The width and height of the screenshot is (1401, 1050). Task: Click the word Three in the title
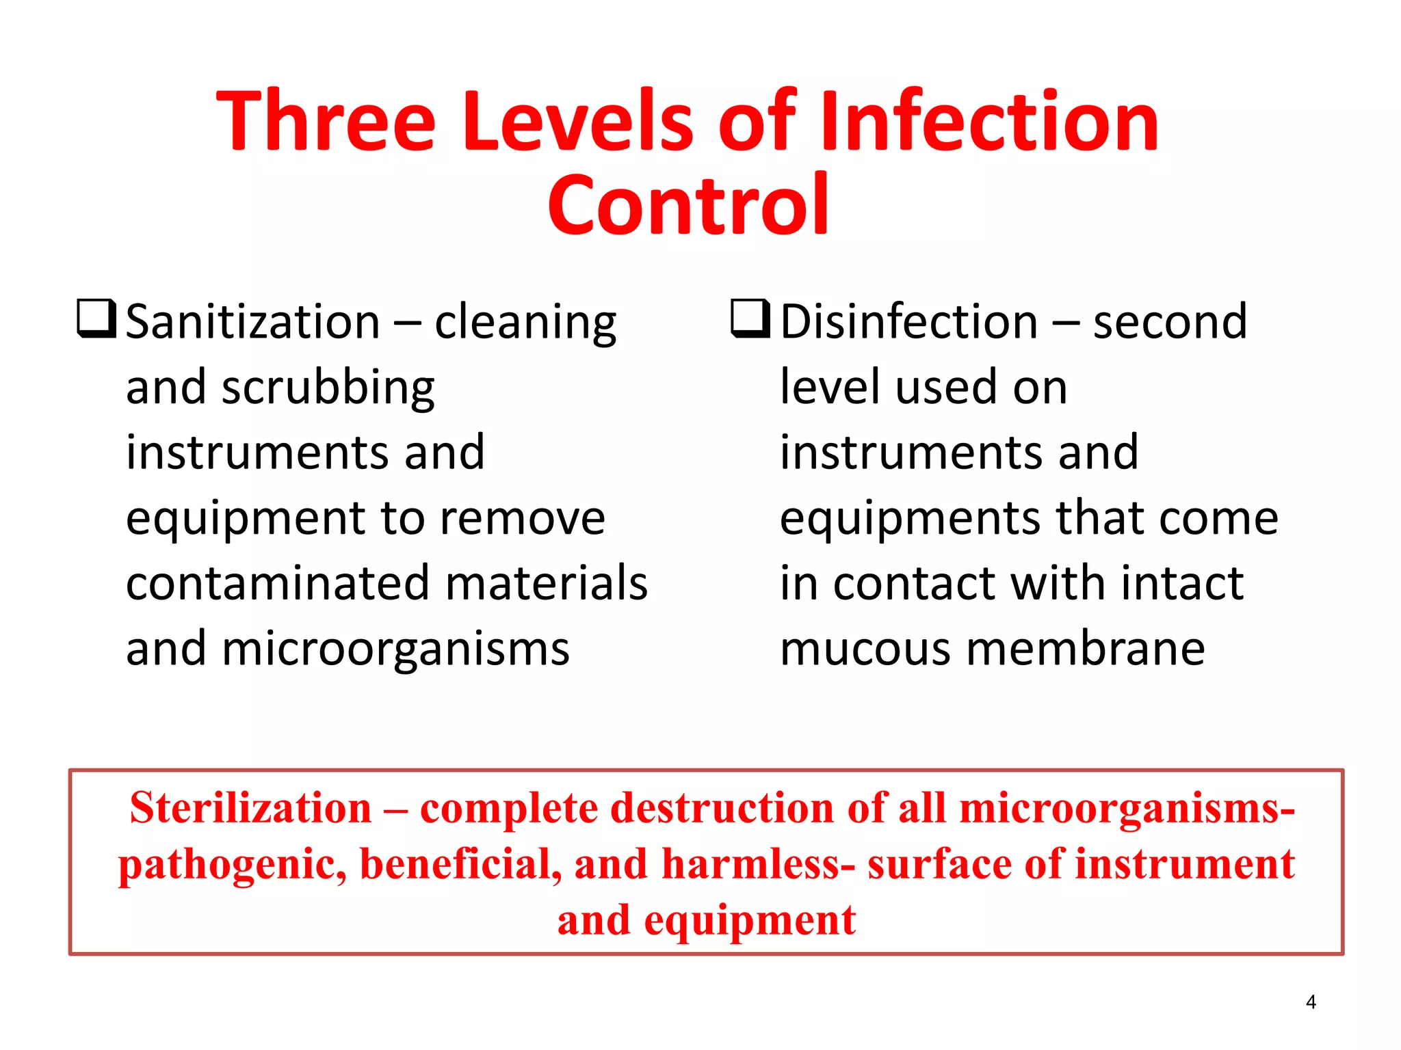pyautogui.click(x=326, y=122)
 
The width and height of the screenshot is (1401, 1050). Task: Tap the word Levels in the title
pyautogui.click(x=578, y=122)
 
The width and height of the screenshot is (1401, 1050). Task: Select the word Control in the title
pyautogui.click(x=688, y=205)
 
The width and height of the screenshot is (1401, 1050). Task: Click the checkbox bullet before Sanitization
pyautogui.click(x=96, y=319)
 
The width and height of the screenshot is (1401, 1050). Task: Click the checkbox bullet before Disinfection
pyautogui.click(x=750, y=319)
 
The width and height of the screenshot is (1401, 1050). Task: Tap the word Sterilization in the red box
pyautogui.click(x=250, y=808)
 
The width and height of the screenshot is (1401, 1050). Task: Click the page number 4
pyautogui.click(x=1310, y=1002)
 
